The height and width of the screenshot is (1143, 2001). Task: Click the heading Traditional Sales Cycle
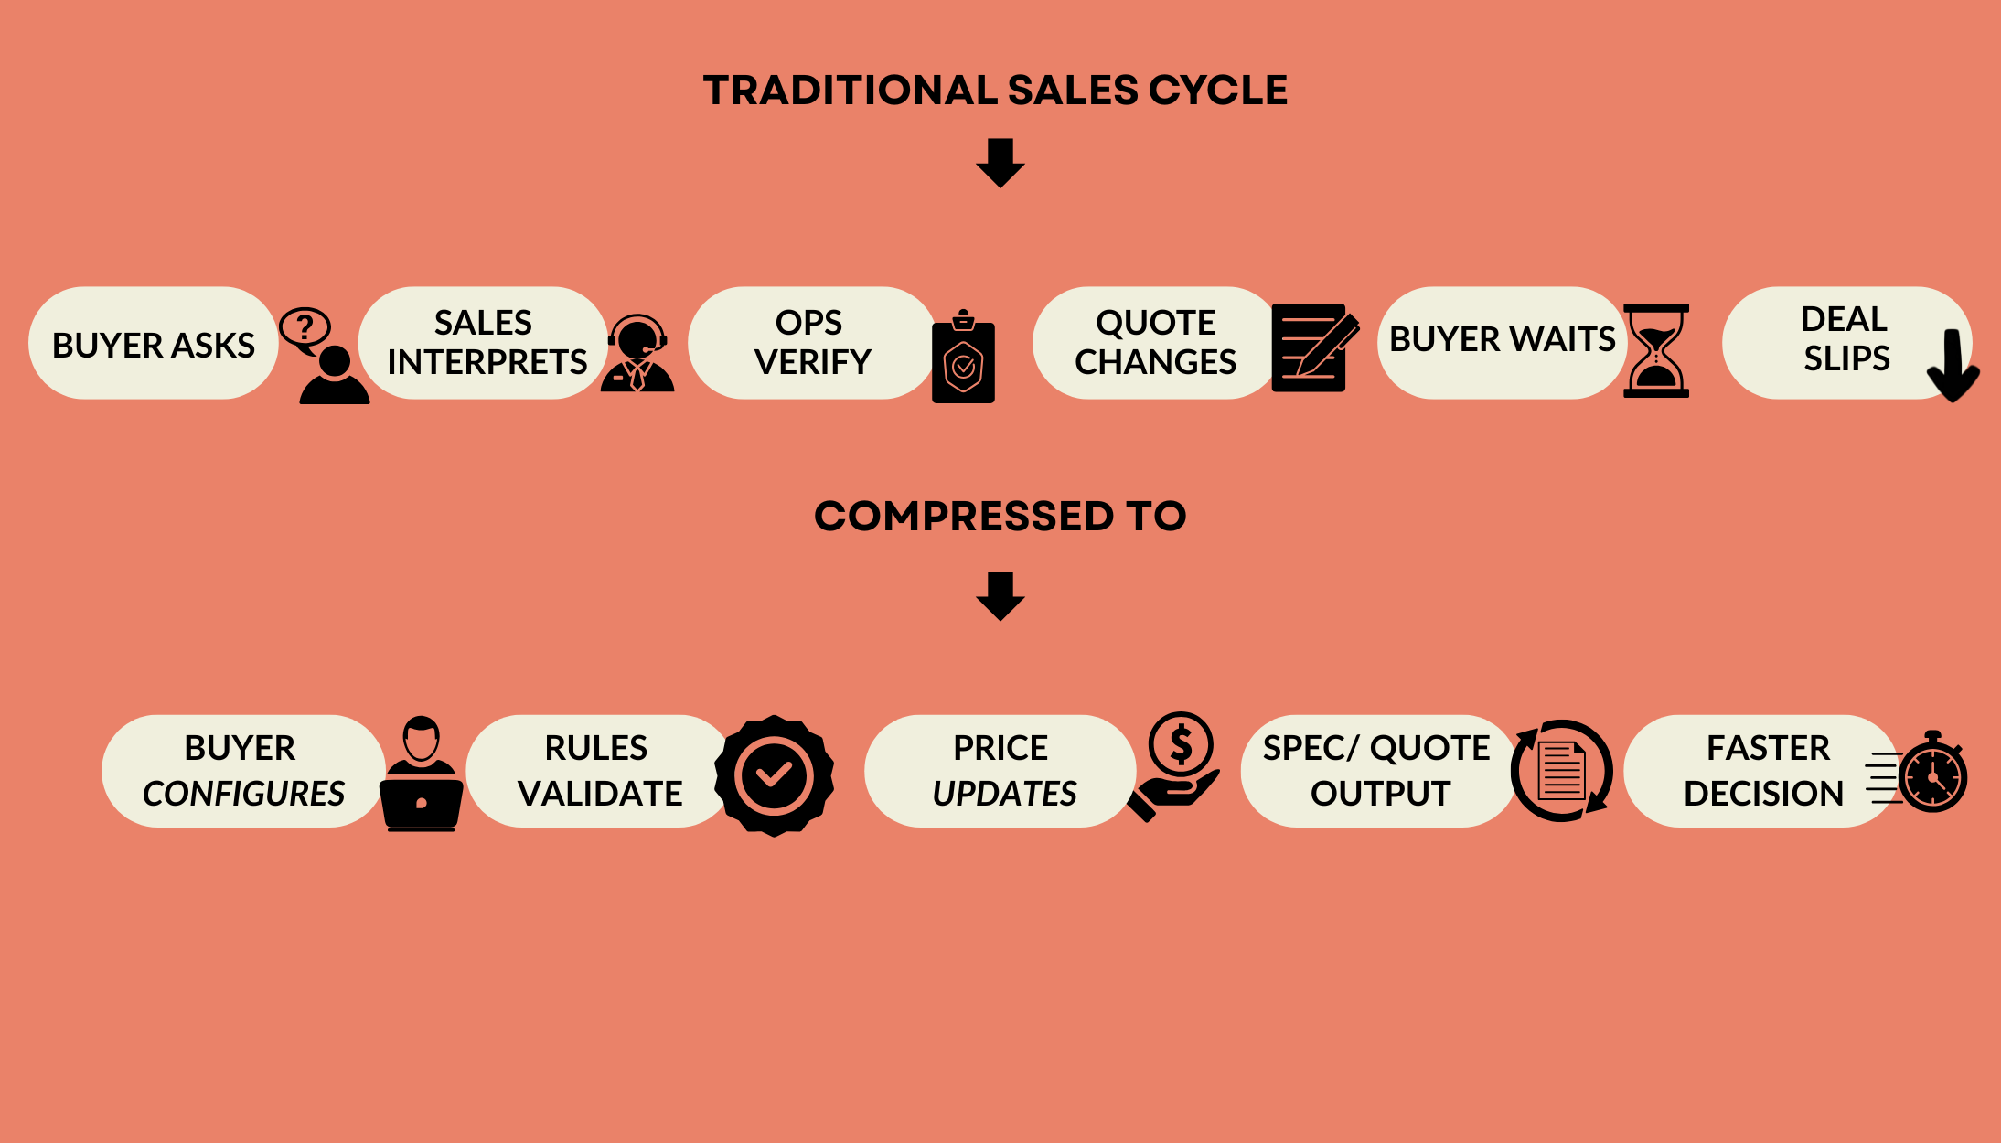pyautogui.click(x=995, y=91)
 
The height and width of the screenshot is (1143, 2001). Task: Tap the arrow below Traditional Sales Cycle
pyautogui.click(x=1000, y=163)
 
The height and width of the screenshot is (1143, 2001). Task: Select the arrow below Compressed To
pyautogui.click(x=1000, y=595)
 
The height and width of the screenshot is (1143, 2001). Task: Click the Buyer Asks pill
pyautogui.click(x=153, y=344)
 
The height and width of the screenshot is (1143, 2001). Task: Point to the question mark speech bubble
pyautogui.click(x=305, y=327)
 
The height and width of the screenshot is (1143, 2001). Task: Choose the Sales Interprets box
pyautogui.click(x=485, y=343)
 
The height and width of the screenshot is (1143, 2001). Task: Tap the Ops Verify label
pyautogui.click(x=811, y=343)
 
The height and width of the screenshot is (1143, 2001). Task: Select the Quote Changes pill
pyautogui.click(x=1154, y=343)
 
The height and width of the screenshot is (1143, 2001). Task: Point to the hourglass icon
pyautogui.click(x=1655, y=350)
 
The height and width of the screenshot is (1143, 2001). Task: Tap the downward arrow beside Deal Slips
pyautogui.click(x=1953, y=365)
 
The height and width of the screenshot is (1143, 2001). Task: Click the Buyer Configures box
pyautogui.click(x=242, y=771)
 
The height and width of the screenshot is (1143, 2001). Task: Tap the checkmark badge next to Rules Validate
pyautogui.click(x=774, y=775)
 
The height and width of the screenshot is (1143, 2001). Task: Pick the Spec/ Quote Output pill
pyautogui.click(x=1376, y=771)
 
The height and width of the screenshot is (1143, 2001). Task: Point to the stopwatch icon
pyautogui.click(x=1931, y=775)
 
